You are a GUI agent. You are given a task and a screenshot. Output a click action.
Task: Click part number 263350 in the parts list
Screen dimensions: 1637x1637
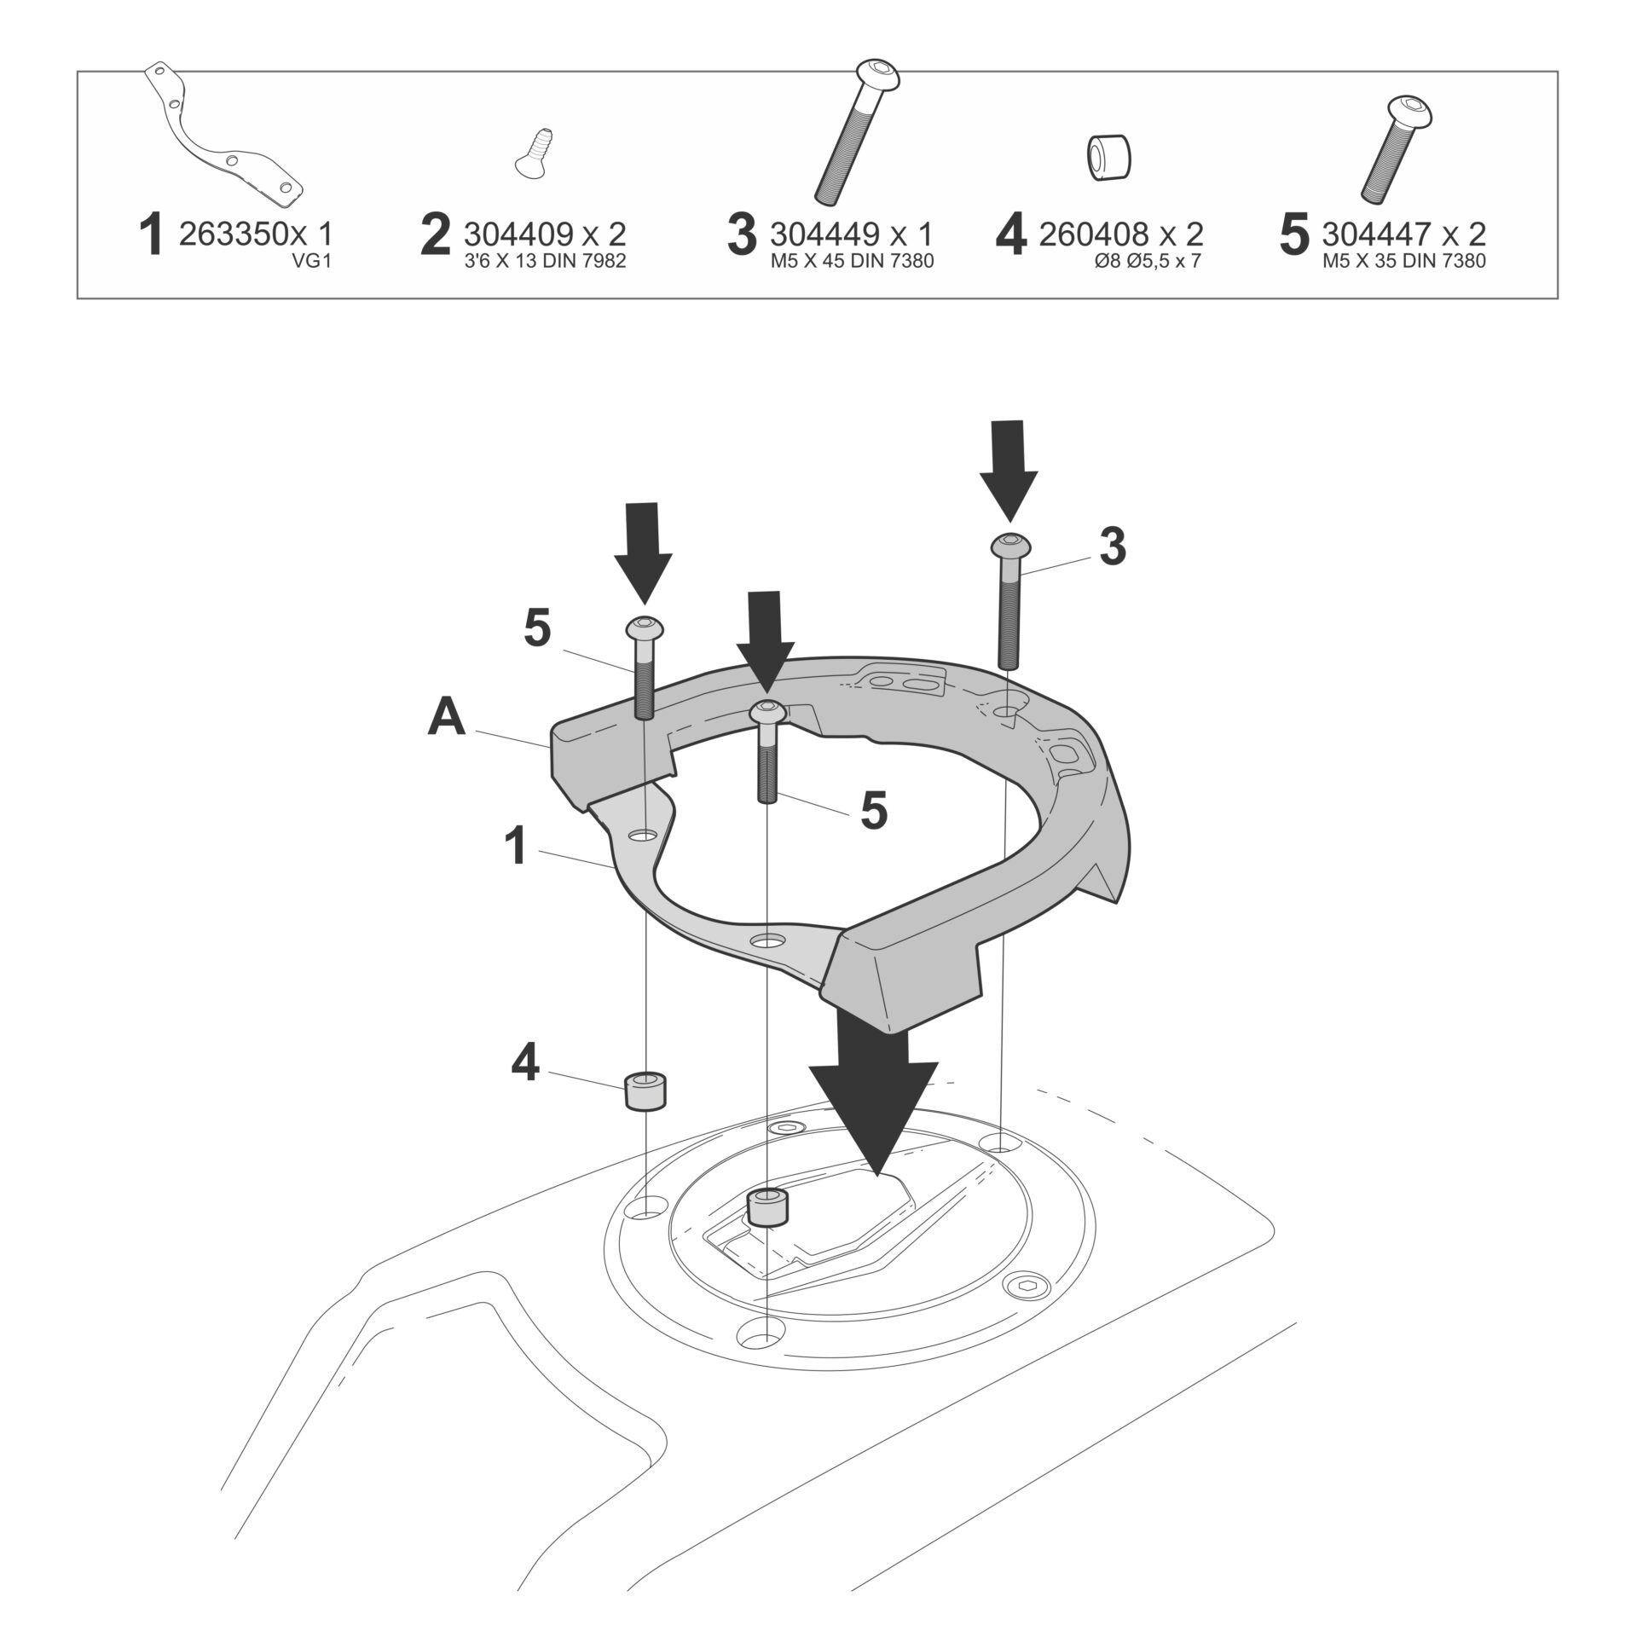[230, 234]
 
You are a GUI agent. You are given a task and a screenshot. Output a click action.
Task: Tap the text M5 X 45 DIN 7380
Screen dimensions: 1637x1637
[852, 261]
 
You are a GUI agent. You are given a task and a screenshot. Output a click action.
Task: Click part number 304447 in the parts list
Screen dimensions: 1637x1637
[1373, 234]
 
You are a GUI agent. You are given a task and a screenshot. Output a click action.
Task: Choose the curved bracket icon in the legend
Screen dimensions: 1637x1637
[225, 136]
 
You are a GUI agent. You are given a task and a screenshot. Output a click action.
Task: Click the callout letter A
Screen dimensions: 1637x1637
[447, 717]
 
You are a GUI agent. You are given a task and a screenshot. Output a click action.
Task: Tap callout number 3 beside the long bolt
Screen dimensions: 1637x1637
[1112, 547]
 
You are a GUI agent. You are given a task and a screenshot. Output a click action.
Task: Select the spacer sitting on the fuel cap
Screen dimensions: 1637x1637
[767, 1207]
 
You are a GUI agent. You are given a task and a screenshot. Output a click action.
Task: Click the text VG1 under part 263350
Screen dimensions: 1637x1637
[310, 261]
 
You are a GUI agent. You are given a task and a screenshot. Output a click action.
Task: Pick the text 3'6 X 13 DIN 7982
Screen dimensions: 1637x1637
[545, 261]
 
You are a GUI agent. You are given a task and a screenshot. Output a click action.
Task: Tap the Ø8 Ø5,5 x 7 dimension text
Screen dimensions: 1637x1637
[1147, 261]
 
